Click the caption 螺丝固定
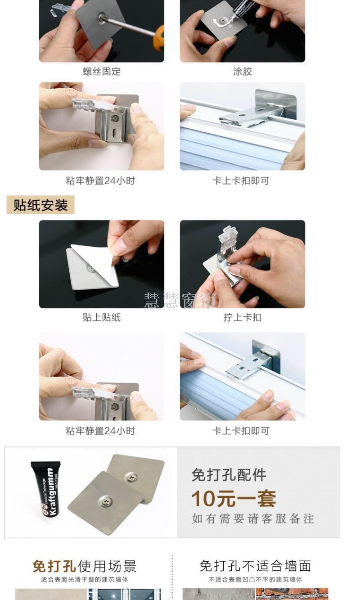pos(102,72)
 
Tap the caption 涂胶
pos(243,72)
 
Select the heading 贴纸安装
pos(40,205)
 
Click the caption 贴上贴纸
pos(102,317)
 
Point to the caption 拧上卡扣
pos(243,317)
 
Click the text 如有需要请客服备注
pos(253,519)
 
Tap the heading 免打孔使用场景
pos(85,566)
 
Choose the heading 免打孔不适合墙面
pos(255,566)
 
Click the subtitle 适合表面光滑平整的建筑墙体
pos(85,580)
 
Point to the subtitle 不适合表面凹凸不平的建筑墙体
pos(255,580)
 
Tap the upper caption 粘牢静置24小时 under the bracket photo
pos(100,181)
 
